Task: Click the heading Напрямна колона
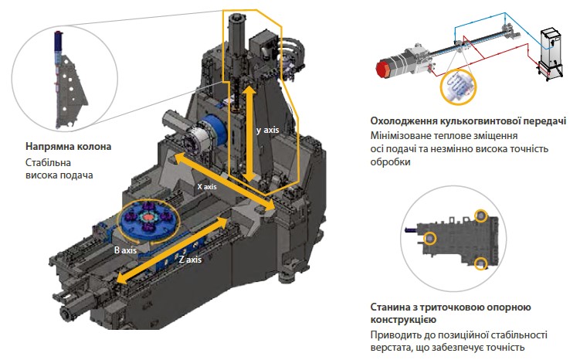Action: point(68,146)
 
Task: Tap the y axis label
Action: point(269,131)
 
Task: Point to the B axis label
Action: point(125,251)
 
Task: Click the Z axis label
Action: point(190,259)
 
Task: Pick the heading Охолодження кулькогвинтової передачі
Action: point(469,121)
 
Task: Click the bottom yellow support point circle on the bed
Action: point(482,264)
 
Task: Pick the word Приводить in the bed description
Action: point(396,335)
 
